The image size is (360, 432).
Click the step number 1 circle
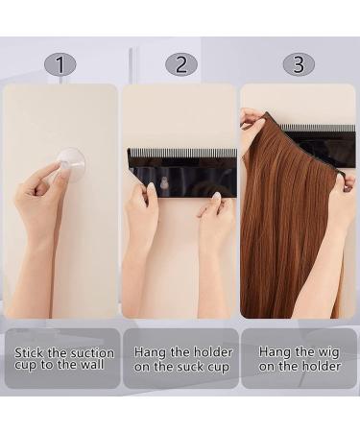60,64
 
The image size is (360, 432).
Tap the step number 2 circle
180,64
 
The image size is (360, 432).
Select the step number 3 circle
299,64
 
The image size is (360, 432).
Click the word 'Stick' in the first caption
31,352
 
